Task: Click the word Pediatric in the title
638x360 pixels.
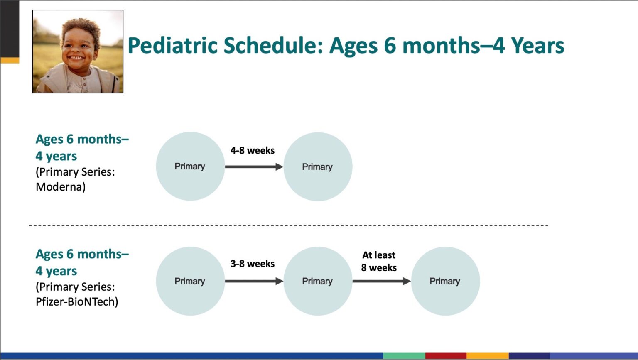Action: [173, 46]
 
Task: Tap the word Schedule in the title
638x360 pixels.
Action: [273, 45]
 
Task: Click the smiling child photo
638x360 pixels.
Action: [78, 51]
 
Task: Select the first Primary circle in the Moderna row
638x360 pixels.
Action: [190, 167]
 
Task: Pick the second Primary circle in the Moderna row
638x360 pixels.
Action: [318, 167]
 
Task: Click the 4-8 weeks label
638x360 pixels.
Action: [253, 150]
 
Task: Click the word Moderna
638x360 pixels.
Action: [60, 187]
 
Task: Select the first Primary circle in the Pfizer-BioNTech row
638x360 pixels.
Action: [190, 281]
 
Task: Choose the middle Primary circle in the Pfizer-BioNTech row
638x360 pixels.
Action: [318, 281]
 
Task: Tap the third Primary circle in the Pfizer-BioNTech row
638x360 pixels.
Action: [445, 281]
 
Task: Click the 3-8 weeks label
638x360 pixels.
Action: [253, 264]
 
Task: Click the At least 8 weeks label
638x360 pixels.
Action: [379, 262]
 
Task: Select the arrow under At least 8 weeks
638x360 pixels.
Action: [382, 282]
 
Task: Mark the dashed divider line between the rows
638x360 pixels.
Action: [289, 225]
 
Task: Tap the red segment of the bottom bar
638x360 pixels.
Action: [446, 355]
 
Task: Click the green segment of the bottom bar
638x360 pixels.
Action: [404, 355]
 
